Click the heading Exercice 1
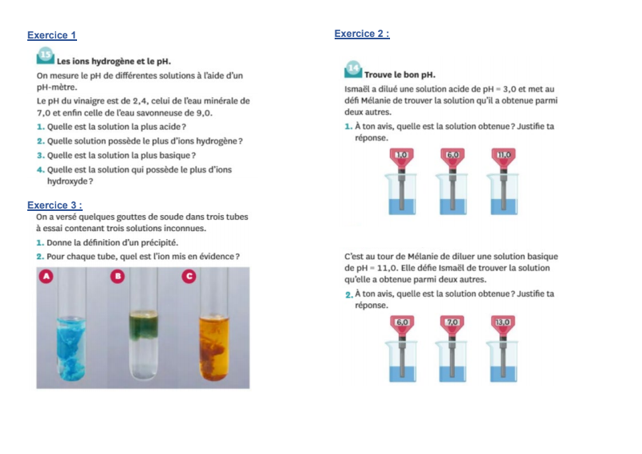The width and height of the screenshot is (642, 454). pos(52,35)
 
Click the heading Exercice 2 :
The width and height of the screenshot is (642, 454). pos(362,34)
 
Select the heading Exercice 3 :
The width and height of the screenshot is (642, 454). pos(55,205)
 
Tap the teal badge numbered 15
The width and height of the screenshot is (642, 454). pos(46,55)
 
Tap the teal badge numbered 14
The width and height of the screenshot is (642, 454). pos(353,69)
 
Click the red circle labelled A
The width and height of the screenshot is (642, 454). pos(47,276)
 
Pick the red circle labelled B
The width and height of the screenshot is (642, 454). pos(118,276)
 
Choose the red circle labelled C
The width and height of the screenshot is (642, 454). pos(189,276)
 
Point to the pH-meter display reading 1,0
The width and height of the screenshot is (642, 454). pos(402,155)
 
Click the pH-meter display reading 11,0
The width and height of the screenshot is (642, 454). pos(504,155)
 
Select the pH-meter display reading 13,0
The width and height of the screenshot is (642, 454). pos(503,322)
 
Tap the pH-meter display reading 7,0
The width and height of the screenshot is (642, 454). pos(453,322)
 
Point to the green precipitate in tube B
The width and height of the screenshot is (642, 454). pos(144,326)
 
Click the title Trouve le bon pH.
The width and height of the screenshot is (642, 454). pos(400,75)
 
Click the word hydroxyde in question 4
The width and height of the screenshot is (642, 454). pos(67,181)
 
